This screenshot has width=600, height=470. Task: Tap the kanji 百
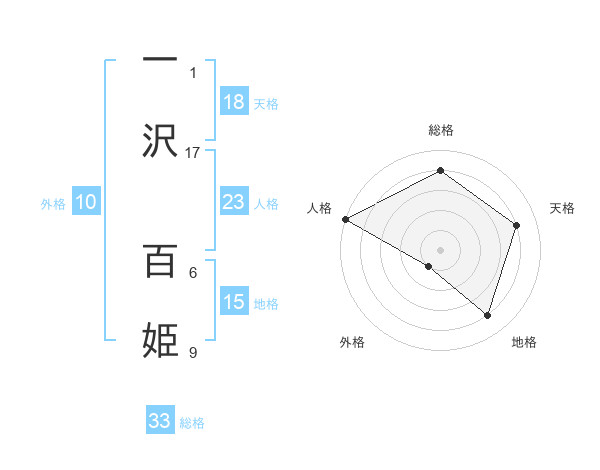pyautogui.click(x=160, y=262)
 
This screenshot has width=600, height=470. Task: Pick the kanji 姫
pyautogui.click(x=160, y=340)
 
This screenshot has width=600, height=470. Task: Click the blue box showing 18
pyautogui.click(x=234, y=103)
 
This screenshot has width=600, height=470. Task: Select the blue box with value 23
pyautogui.click(x=234, y=202)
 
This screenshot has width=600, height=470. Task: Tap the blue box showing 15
pyautogui.click(x=234, y=302)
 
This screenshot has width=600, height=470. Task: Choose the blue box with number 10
pyautogui.click(x=86, y=202)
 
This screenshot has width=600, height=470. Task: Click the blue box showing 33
pyautogui.click(x=160, y=421)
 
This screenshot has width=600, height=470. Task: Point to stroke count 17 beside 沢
pyautogui.click(x=193, y=152)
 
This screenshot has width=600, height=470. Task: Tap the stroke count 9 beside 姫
pyautogui.click(x=193, y=352)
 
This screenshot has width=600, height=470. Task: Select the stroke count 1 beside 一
pyautogui.click(x=193, y=72)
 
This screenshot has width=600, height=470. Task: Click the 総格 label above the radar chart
pyautogui.click(x=440, y=130)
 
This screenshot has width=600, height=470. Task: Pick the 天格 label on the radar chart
pyautogui.click(x=562, y=208)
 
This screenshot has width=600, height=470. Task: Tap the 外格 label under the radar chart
pyautogui.click(x=352, y=342)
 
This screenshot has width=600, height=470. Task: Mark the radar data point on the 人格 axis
pyautogui.click(x=345, y=219)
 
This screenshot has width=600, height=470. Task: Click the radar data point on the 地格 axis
pyautogui.click(x=487, y=315)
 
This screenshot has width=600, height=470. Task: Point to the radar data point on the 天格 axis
pyautogui.click(x=516, y=225)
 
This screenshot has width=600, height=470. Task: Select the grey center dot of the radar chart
pyautogui.click(x=440, y=249)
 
